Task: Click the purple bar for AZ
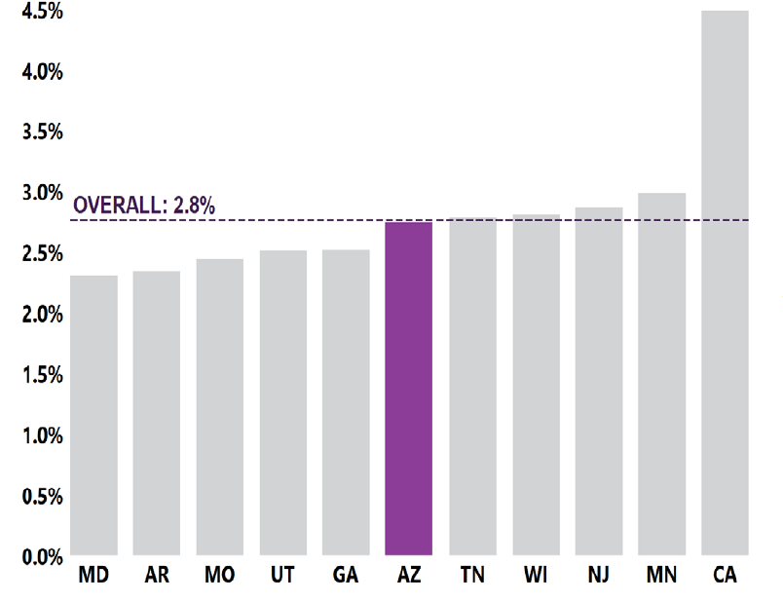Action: [x=408, y=389]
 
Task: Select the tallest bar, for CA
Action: [x=725, y=283]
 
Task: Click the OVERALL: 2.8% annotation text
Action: [x=144, y=206]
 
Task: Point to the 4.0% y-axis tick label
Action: [x=42, y=71]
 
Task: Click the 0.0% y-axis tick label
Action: [x=42, y=557]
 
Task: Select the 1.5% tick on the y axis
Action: [x=42, y=375]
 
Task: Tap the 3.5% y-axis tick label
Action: [x=42, y=132]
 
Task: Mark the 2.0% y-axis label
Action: [x=42, y=315]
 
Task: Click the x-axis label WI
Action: [x=536, y=576]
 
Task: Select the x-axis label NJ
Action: [x=599, y=576]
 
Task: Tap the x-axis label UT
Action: [x=282, y=576]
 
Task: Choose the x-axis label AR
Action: [x=157, y=576]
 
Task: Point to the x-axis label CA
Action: [x=725, y=576]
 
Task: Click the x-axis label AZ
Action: [x=408, y=576]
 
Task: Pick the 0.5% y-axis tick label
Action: [x=42, y=497]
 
